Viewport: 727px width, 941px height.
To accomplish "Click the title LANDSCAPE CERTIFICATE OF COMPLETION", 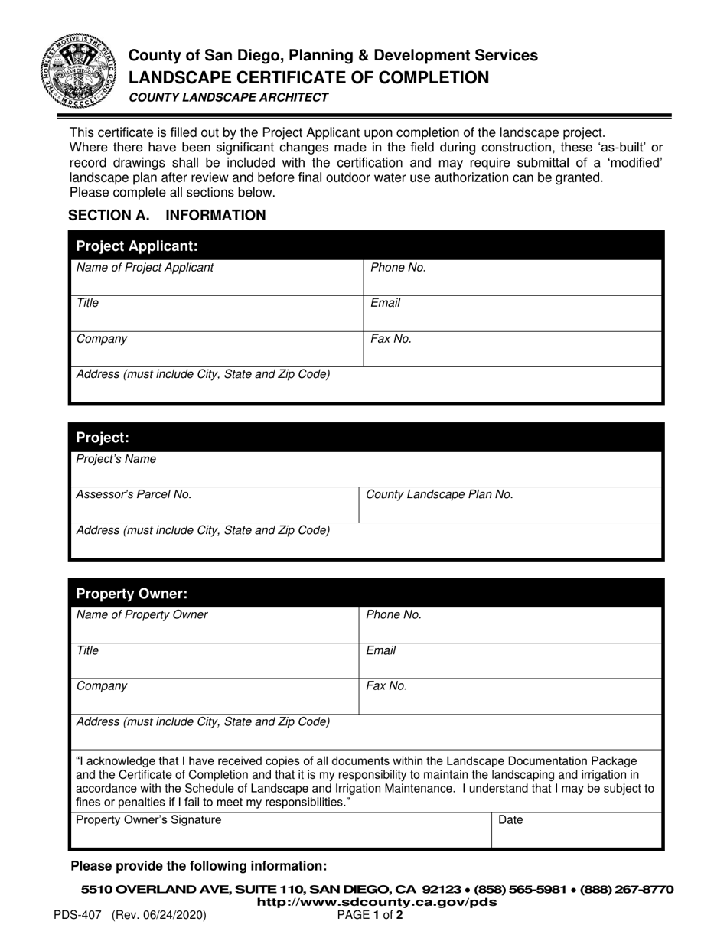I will click(x=308, y=77).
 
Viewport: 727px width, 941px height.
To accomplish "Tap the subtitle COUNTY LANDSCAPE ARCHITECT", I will click(x=229, y=97).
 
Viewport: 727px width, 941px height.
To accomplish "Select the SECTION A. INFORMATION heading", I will click(x=167, y=215).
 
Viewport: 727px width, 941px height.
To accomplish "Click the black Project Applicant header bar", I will click(x=366, y=246).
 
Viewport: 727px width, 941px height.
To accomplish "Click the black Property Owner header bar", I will click(x=366, y=594).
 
